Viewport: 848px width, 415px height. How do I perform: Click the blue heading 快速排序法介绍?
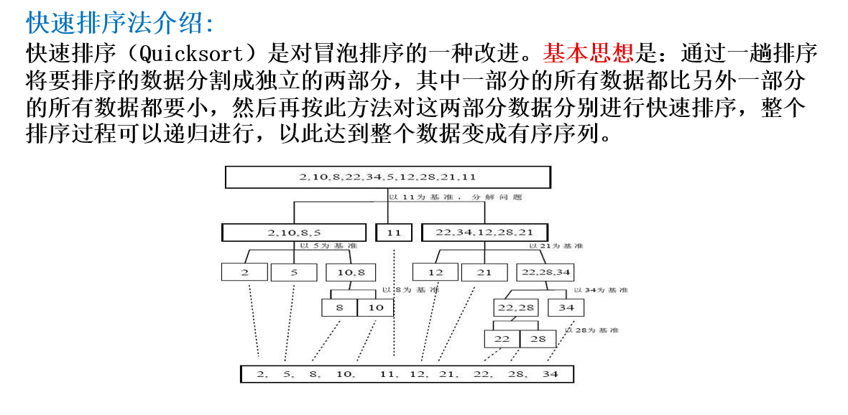click(x=120, y=23)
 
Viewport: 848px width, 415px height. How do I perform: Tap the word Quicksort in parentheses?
click(x=198, y=53)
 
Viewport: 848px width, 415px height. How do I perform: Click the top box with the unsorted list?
click(x=388, y=177)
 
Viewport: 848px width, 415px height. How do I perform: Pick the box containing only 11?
click(x=394, y=233)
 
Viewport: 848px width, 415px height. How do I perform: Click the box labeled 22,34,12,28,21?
click(x=484, y=233)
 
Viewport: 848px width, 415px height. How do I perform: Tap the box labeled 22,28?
click(x=515, y=307)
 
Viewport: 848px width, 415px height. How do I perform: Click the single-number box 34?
click(x=566, y=307)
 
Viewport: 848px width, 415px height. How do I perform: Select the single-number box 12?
click(x=435, y=272)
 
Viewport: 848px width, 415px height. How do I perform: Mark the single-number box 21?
click(x=484, y=272)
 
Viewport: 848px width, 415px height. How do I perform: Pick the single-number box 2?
click(x=244, y=272)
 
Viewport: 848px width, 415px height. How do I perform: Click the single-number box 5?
click(x=294, y=272)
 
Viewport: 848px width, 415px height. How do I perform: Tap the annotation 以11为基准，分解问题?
click(x=455, y=196)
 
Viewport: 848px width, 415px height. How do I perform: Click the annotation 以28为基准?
click(x=591, y=330)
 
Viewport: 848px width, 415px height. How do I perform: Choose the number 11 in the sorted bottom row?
click(x=387, y=374)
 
